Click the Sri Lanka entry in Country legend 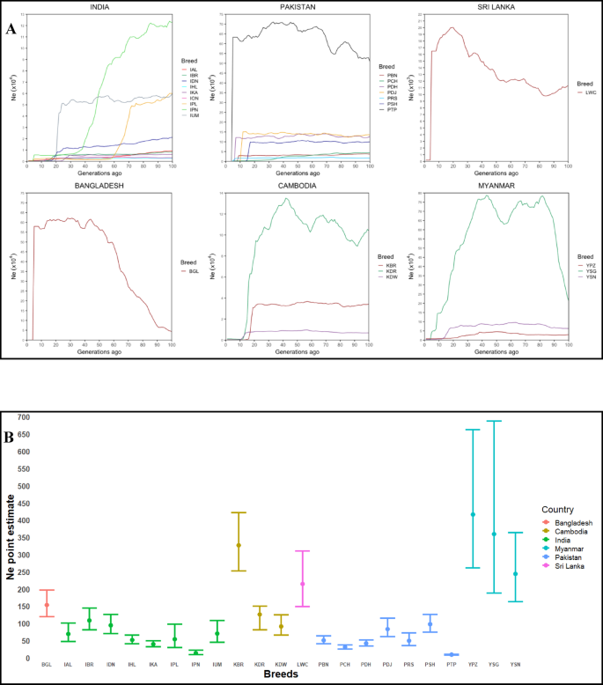557,566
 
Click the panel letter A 11,28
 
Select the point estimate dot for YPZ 473,515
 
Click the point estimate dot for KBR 238,545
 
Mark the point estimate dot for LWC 302,584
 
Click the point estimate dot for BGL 47,605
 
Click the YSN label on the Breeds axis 516,664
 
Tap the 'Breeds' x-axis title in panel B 281,674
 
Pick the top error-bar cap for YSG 495,421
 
